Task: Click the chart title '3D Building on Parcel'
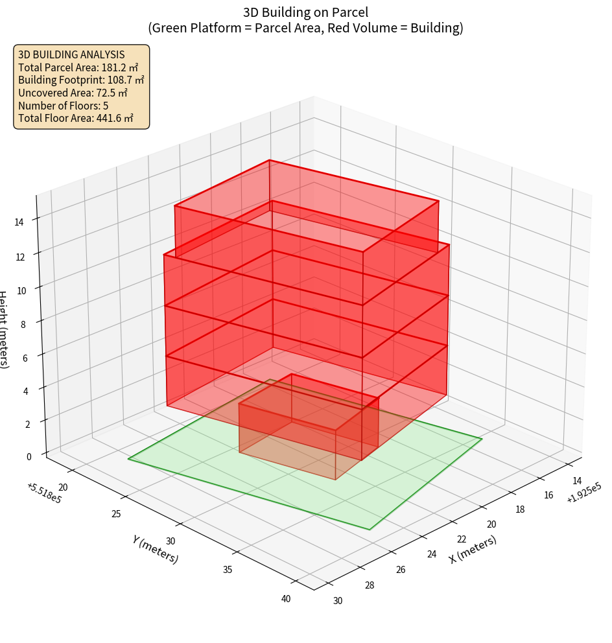(x=305, y=12)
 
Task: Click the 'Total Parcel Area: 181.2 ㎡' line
(x=78, y=67)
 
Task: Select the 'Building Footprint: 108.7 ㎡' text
(x=81, y=80)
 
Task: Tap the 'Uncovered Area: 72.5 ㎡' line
(x=77, y=93)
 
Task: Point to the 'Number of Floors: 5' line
(x=63, y=106)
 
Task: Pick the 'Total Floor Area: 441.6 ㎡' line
(x=76, y=118)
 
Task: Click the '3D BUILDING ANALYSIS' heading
(x=71, y=54)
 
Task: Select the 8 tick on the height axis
(x=24, y=324)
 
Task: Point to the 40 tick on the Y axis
(x=286, y=598)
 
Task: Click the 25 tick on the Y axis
(x=116, y=514)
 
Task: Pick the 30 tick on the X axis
(x=337, y=600)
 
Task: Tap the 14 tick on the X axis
(x=559, y=482)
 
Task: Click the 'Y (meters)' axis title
(x=155, y=549)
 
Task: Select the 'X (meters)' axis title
(x=473, y=549)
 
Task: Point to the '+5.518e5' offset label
(x=44, y=493)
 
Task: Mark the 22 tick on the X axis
(x=462, y=539)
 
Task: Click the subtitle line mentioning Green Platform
(x=305, y=28)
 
